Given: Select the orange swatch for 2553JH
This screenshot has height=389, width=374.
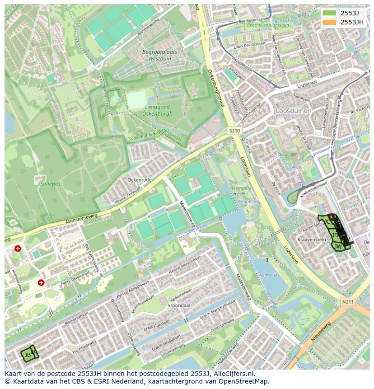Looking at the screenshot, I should coord(330,22).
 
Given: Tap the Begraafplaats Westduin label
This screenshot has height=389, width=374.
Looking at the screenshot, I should coord(159,55).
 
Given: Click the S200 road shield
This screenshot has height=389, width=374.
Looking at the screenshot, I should coord(234,131).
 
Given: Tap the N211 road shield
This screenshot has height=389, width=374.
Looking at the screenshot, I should coord(348,302).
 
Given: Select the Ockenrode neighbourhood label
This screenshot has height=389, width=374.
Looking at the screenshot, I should coord(140,179).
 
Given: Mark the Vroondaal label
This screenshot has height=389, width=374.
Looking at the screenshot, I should coord(179,305).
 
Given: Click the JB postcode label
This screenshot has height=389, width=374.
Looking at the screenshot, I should coord(28,355).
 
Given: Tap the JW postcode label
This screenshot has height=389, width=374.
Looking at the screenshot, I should coord(337,246).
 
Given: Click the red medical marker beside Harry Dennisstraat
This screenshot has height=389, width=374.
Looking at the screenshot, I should coord(41,283).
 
